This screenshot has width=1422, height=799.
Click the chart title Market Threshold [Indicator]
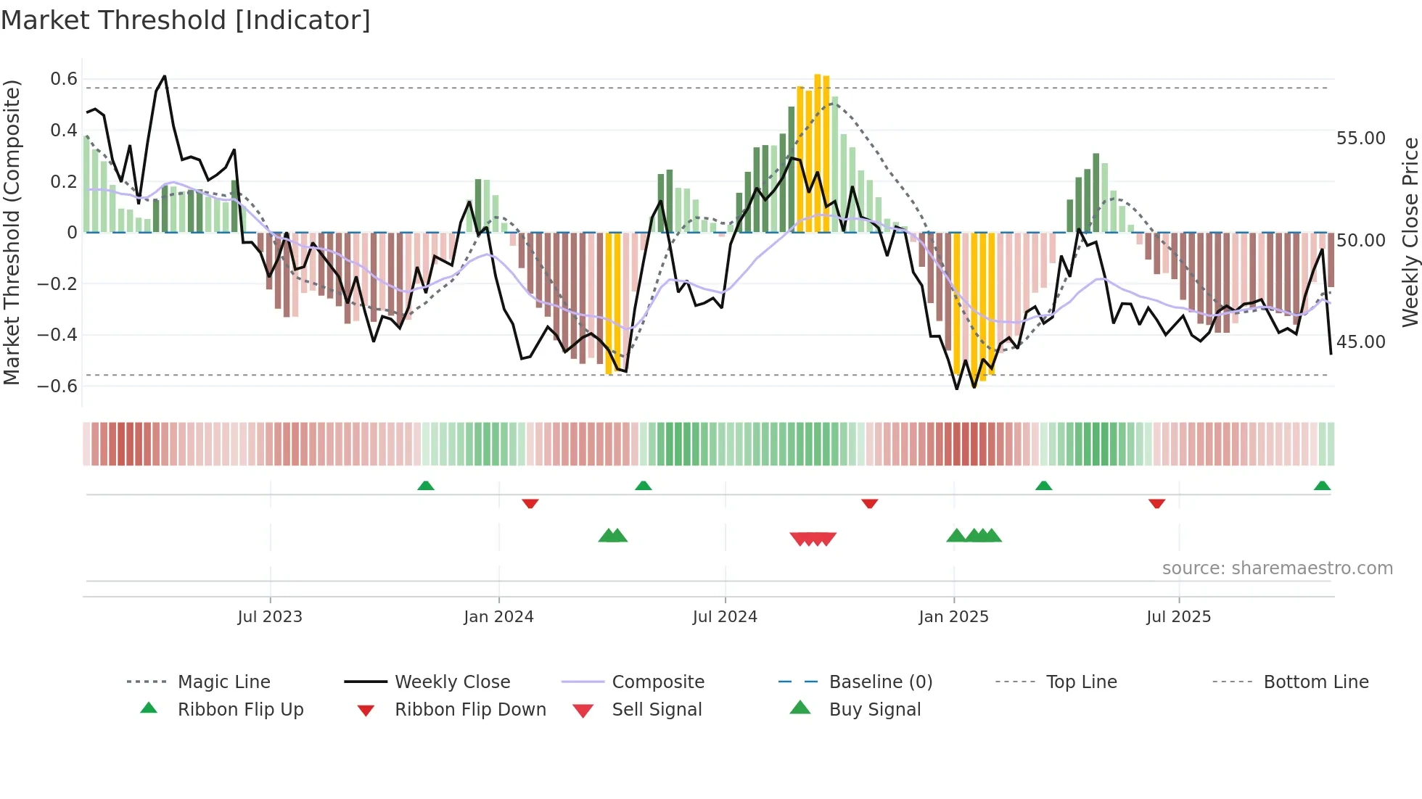pos(186,20)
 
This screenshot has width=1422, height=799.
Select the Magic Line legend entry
pos(223,682)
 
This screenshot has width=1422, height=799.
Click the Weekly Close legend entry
pos(452,682)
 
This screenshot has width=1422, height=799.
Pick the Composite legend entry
pos(657,682)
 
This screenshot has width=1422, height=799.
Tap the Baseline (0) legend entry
pos(880,682)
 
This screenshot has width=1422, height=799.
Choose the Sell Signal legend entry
pos(657,709)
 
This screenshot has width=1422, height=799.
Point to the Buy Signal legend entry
pos(874,709)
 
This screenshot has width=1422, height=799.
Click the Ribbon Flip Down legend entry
pos(470,709)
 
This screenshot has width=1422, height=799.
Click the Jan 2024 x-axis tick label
pos(498,616)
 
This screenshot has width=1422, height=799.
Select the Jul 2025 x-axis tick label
pos(1178,616)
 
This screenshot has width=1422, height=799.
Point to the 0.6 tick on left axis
pos(64,79)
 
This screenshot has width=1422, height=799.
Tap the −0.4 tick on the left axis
pos(57,334)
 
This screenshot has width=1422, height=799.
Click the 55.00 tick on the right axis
pos(1360,138)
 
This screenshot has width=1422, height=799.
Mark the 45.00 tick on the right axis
pos(1360,341)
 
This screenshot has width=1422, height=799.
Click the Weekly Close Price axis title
pos(1410,232)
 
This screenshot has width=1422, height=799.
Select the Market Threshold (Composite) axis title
pos(12,232)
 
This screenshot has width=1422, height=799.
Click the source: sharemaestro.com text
pos(1277,568)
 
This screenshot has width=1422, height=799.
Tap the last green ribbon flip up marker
pos(1322,486)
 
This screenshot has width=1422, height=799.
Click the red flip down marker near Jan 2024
pos(530,503)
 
